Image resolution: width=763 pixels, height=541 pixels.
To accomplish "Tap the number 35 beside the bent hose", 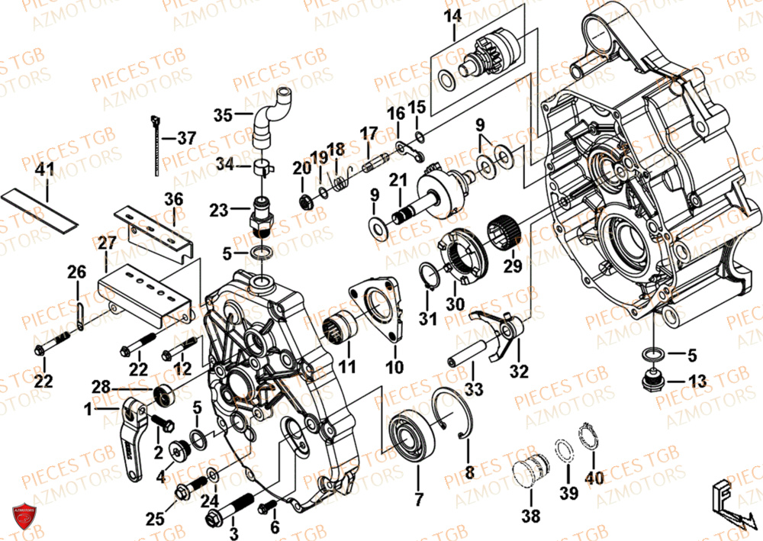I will point(222,116).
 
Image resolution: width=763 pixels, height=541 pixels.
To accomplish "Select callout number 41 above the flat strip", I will point(47,169).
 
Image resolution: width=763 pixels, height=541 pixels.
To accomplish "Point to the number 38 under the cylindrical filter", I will point(530,516).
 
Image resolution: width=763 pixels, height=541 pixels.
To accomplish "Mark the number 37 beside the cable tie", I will point(186,138).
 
